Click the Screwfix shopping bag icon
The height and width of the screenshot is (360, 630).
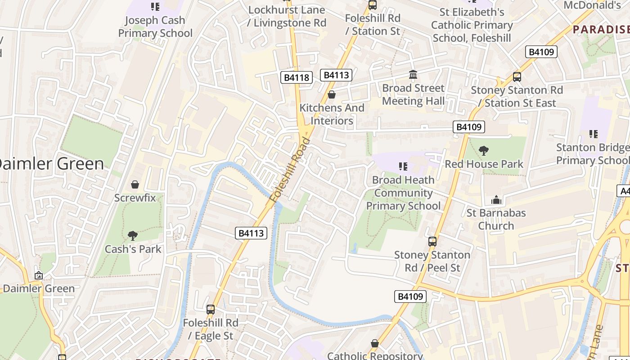(x=135, y=184)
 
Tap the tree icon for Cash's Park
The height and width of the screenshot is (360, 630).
(x=132, y=235)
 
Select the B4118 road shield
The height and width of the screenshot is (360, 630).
(x=297, y=77)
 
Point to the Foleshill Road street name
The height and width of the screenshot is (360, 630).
(x=291, y=170)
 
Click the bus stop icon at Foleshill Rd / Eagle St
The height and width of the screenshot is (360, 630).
(x=210, y=310)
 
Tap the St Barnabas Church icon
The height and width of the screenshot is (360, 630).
(x=496, y=199)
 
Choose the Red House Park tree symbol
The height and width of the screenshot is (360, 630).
(x=484, y=151)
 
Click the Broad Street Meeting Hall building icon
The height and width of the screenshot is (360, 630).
(x=413, y=75)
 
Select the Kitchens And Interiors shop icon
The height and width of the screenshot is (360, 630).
(x=332, y=94)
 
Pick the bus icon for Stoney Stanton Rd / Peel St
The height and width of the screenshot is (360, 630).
(x=432, y=242)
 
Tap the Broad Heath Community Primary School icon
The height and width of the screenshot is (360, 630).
(x=403, y=167)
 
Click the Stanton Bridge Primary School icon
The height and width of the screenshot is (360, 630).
(x=593, y=134)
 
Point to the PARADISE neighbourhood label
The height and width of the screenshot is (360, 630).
(x=601, y=30)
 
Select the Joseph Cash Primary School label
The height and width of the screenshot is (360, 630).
(x=155, y=27)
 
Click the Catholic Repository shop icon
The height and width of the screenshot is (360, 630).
(x=374, y=344)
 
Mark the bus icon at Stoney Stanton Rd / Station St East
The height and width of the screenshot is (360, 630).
(x=517, y=77)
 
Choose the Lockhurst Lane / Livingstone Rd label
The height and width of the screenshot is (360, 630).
(x=287, y=16)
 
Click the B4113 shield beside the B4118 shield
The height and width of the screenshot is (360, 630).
(x=336, y=75)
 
